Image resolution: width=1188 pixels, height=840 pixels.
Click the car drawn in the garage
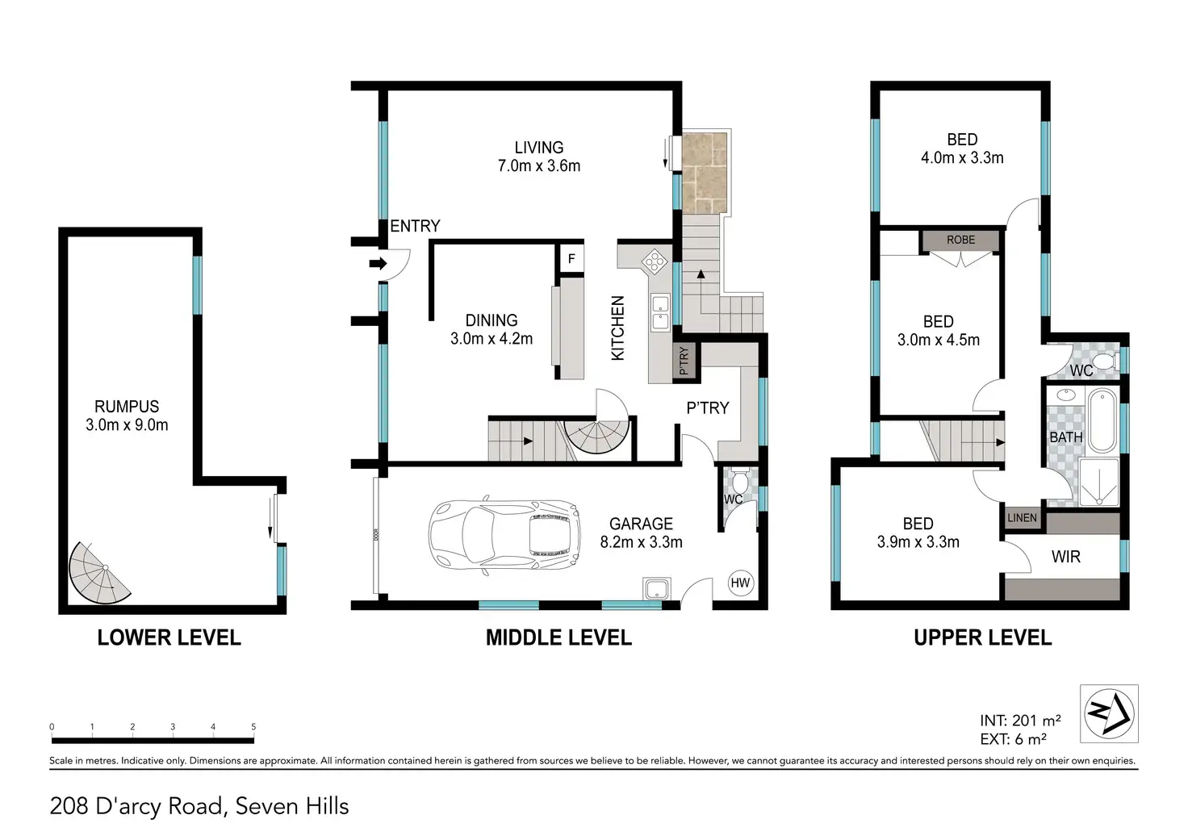(504, 536)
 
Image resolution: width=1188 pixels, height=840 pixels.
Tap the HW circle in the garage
(740, 583)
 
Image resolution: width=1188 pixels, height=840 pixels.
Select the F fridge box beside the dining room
(571, 259)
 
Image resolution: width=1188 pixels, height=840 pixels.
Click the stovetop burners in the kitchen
(655, 261)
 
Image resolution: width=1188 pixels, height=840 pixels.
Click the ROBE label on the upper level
(960, 240)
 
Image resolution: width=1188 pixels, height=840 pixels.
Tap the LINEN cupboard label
(1022, 517)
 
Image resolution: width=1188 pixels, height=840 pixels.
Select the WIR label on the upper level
(1065, 556)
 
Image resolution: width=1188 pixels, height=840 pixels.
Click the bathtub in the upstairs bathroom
(1102, 420)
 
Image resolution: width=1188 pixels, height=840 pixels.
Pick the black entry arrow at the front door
(379, 263)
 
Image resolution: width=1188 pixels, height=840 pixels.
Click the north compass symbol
(1109, 713)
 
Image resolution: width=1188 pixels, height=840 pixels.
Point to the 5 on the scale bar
(253, 726)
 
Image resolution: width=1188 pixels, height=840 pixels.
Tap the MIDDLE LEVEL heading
(558, 637)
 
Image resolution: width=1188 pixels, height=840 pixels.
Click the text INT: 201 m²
(1020, 720)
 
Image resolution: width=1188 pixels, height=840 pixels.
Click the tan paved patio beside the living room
(705, 173)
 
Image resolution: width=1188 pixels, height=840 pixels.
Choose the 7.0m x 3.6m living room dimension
(539, 166)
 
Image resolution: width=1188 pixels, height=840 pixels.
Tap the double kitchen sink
(660, 313)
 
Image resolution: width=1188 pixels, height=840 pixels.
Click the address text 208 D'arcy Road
(136, 806)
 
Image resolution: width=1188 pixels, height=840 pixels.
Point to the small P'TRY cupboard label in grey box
(684, 361)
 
